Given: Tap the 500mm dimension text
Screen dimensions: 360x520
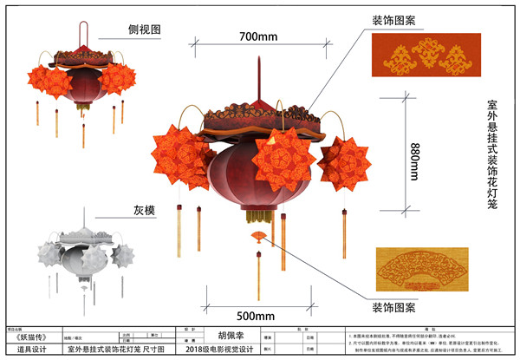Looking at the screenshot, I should (255, 316).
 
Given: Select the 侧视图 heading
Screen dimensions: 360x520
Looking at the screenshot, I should (145, 29).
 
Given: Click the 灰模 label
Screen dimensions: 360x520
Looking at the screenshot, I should (144, 210).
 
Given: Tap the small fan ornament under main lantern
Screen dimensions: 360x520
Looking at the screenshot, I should (258, 236).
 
